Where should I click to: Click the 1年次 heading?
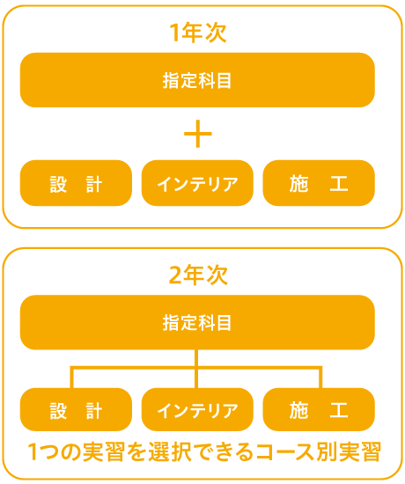[x=198, y=33]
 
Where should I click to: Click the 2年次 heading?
[x=198, y=275]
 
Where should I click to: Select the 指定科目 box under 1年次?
[x=197, y=80]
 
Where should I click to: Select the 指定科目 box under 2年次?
[x=197, y=322]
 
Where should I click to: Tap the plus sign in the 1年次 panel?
[x=198, y=134]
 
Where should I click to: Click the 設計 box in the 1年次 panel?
[x=76, y=183]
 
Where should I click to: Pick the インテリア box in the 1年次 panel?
[x=197, y=183]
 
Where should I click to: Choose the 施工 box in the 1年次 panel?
[x=319, y=183]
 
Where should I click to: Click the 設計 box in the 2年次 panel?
[x=76, y=409]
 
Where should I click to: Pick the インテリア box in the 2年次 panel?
[x=197, y=409]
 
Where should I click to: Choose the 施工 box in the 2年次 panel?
[x=319, y=409]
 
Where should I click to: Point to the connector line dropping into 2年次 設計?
[x=72, y=378]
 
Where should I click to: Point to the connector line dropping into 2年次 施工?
[x=320, y=378]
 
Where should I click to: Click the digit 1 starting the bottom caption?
[x=33, y=452]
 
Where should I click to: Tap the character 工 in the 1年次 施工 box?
[x=339, y=183]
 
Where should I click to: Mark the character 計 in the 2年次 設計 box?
[x=93, y=410]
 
